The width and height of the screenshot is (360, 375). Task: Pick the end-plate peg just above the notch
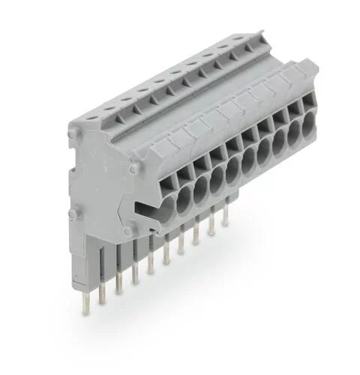(133, 172)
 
